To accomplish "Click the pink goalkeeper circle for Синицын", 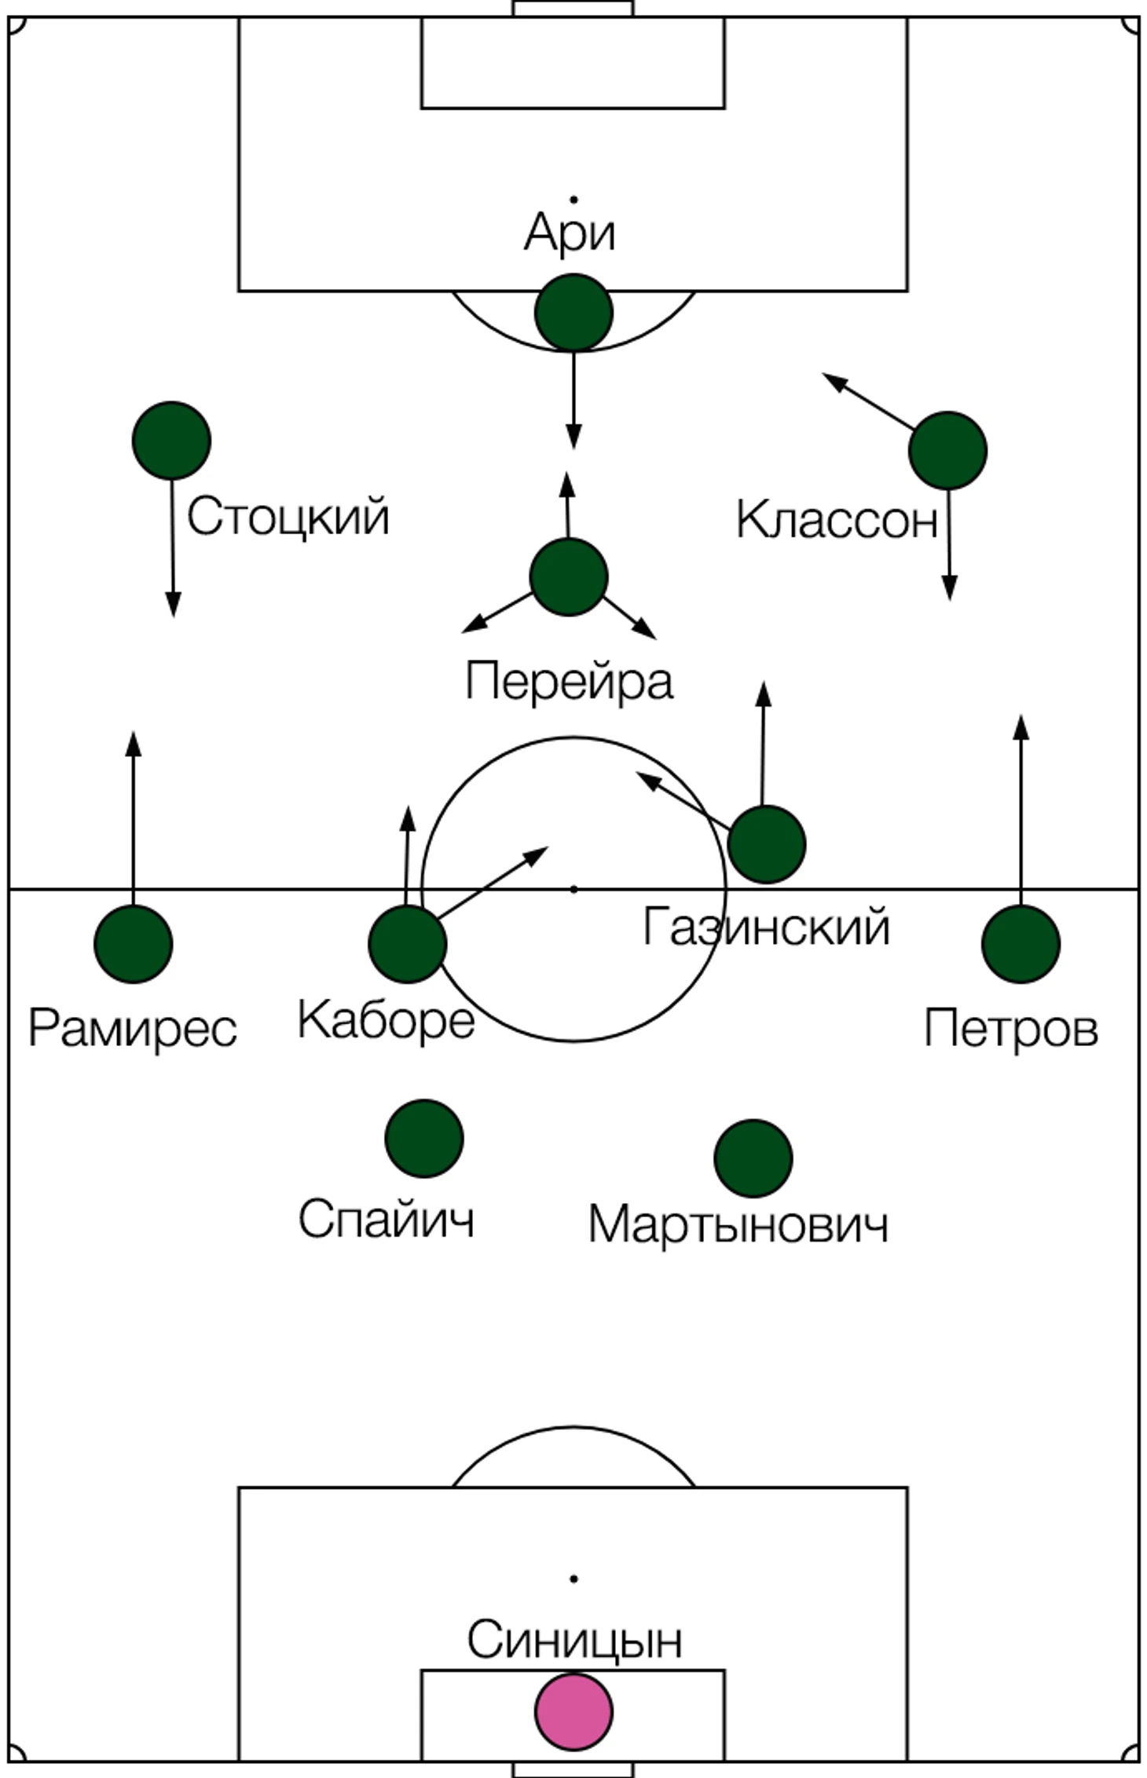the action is click(x=573, y=1711).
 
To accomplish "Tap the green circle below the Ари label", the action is click(x=573, y=313).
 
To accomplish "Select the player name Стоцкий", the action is click(x=288, y=517).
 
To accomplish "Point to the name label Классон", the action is click(x=837, y=520).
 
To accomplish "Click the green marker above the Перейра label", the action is click(x=569, y=577).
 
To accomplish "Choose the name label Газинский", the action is click(x=766, y=927).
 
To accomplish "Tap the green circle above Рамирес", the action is click(x=133, y=944).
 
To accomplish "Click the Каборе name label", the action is click(x=386, y=1020).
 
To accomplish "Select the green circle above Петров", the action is click(x=1021, y=944).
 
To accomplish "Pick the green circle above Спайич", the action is click(x=424, y=1139).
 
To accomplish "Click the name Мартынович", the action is click(x=738, y=1224).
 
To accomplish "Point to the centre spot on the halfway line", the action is click(x=573, y=889).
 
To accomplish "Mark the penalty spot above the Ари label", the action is click(x=573, y=200).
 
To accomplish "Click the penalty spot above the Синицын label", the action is click(x=573, y=1579).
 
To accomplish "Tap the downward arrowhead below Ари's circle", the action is click(x=573, y=437).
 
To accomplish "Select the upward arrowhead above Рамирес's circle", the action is click(x=134, y=743).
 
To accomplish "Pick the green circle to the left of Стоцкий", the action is click(x=171, y=441).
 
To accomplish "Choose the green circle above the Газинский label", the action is click(x=766, y=844).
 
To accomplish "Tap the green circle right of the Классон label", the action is click(x=947, y=451).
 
